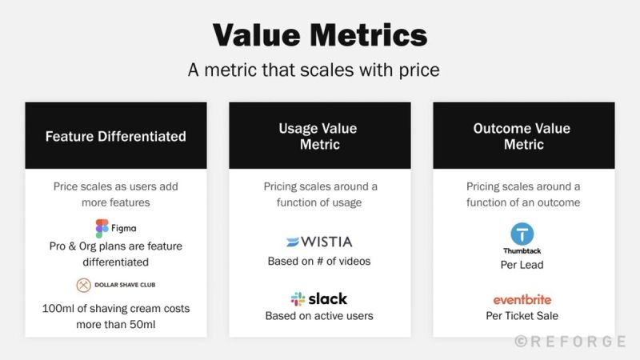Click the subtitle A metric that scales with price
(314, 70)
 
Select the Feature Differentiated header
(115, 136)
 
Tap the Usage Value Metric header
(320, 136)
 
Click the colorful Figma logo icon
(102, 228)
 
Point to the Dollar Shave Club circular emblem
(85, 285)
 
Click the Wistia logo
(319, 242)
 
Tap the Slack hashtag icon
(298, 298)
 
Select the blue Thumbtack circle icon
(522, 234)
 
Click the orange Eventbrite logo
(522, 300)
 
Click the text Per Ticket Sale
(522, 316)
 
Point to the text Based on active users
(319, 316)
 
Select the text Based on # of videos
(319, 262)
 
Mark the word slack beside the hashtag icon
(329, 298)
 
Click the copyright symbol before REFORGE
(520, 342)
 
